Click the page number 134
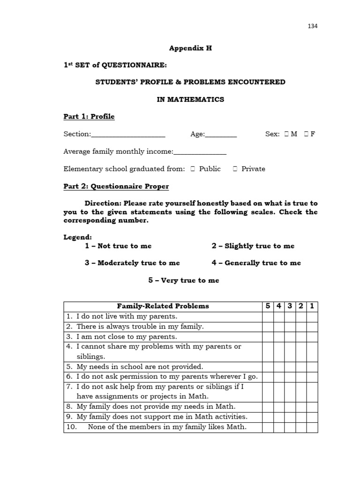[313, 26]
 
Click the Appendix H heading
[190, 48]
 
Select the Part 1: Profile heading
[89, 116]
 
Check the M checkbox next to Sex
[285, 134]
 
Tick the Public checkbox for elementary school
[193, 169]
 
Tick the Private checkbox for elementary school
[235, 169]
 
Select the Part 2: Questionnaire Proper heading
[116, 187]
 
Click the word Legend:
[78, 237]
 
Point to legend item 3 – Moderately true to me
[132, 263]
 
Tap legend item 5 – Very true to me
[184, 280]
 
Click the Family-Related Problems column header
[163, 306]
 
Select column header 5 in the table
[268, 306]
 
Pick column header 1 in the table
[312, 306]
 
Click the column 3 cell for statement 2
[290, 326]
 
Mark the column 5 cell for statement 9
[268, 417]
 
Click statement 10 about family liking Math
[159, 427]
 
